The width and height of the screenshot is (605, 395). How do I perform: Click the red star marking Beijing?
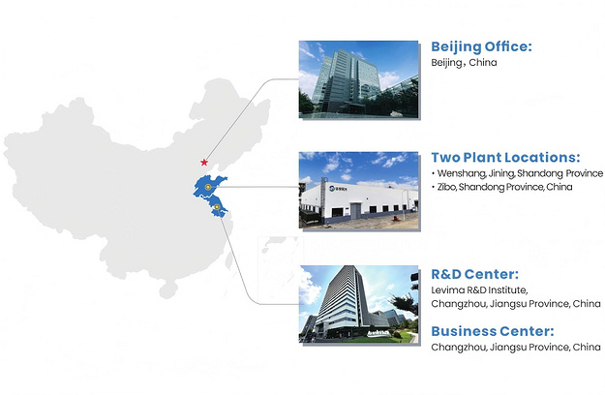(204, 163)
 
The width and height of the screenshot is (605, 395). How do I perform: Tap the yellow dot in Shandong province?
(208, 187)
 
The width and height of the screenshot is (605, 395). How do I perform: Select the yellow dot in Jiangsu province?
(217, 207)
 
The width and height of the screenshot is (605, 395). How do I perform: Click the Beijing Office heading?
(481, 47)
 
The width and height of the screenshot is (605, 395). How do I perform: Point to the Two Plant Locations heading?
(505, 158)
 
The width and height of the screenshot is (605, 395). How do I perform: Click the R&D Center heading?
(474, 274)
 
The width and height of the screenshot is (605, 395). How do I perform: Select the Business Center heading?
(493, 331)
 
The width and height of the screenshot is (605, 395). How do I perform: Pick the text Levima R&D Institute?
(479, 290)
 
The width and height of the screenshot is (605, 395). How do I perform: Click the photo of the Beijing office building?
(358, 79)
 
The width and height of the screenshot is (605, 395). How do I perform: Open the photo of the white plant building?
(358, 190)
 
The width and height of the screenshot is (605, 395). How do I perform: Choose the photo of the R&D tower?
(358, 304)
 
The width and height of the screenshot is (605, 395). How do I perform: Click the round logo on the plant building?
(332, 189)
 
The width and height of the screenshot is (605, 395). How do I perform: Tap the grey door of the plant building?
(355, 211)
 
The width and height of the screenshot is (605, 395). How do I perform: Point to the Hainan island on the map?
(168, 289)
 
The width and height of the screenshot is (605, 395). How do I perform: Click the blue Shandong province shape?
(209, 186)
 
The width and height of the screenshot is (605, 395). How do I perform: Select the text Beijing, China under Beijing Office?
(464, 63)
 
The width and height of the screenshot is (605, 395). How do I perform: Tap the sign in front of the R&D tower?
(378, 332)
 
